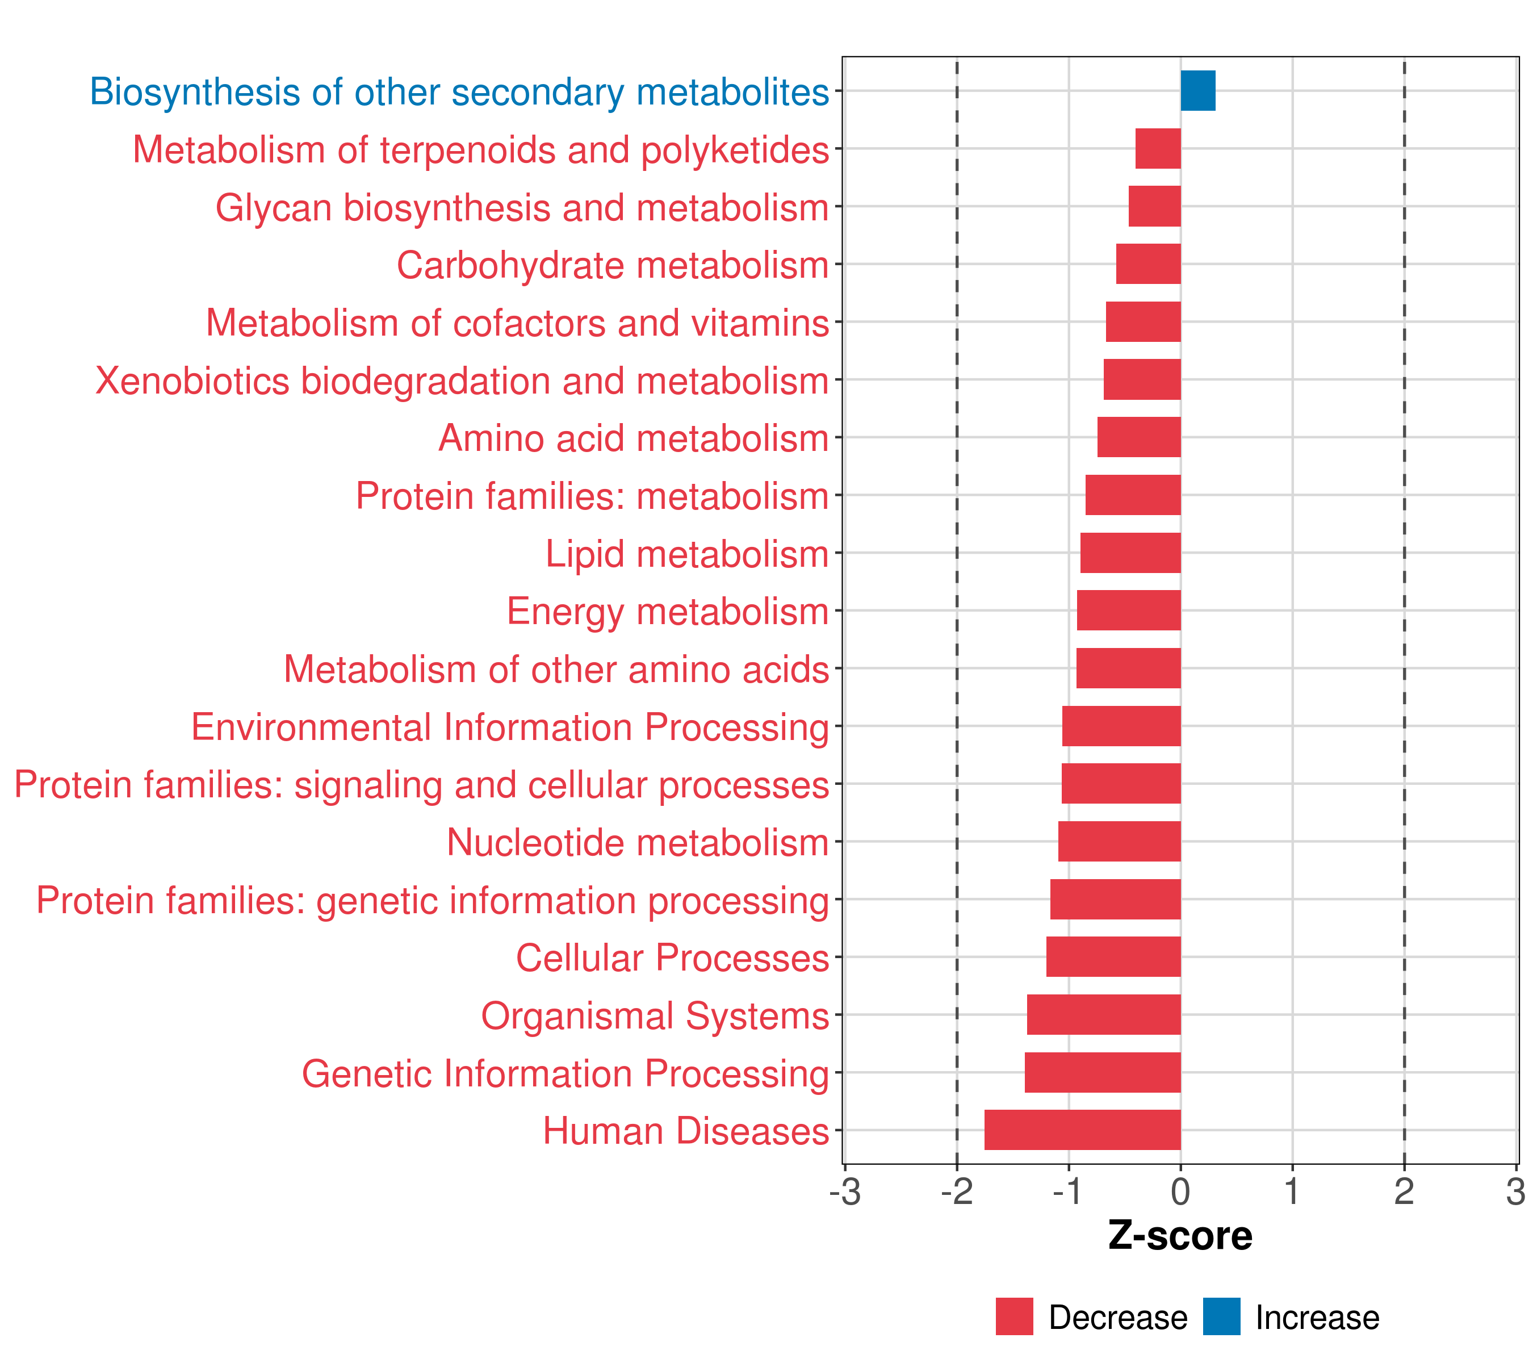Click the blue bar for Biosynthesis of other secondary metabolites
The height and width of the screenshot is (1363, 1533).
(x=1198, y=91)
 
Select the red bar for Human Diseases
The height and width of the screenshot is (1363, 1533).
(x=1082, y=1130)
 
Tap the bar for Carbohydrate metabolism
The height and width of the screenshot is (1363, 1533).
(x=1148, y=264)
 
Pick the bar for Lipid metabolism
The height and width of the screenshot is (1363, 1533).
(x=1130, y=553)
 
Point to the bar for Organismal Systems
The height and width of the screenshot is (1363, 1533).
(x=1103, y=1014)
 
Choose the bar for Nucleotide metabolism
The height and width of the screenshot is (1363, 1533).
(x=1119, y=841)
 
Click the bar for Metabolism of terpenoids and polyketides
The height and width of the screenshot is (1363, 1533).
(x=1158, y=149)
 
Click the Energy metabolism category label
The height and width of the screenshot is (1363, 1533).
(x=668, y=611)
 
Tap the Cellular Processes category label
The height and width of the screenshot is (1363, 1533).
(x=672, y=958)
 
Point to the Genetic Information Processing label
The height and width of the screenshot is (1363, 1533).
(x=566, y=1073)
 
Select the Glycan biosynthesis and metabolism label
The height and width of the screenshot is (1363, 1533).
(x=522, y=208)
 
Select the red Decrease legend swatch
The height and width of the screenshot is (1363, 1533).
(x=1014, y=1316)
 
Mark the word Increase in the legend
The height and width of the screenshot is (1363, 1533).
(x=1317, y=1318)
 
